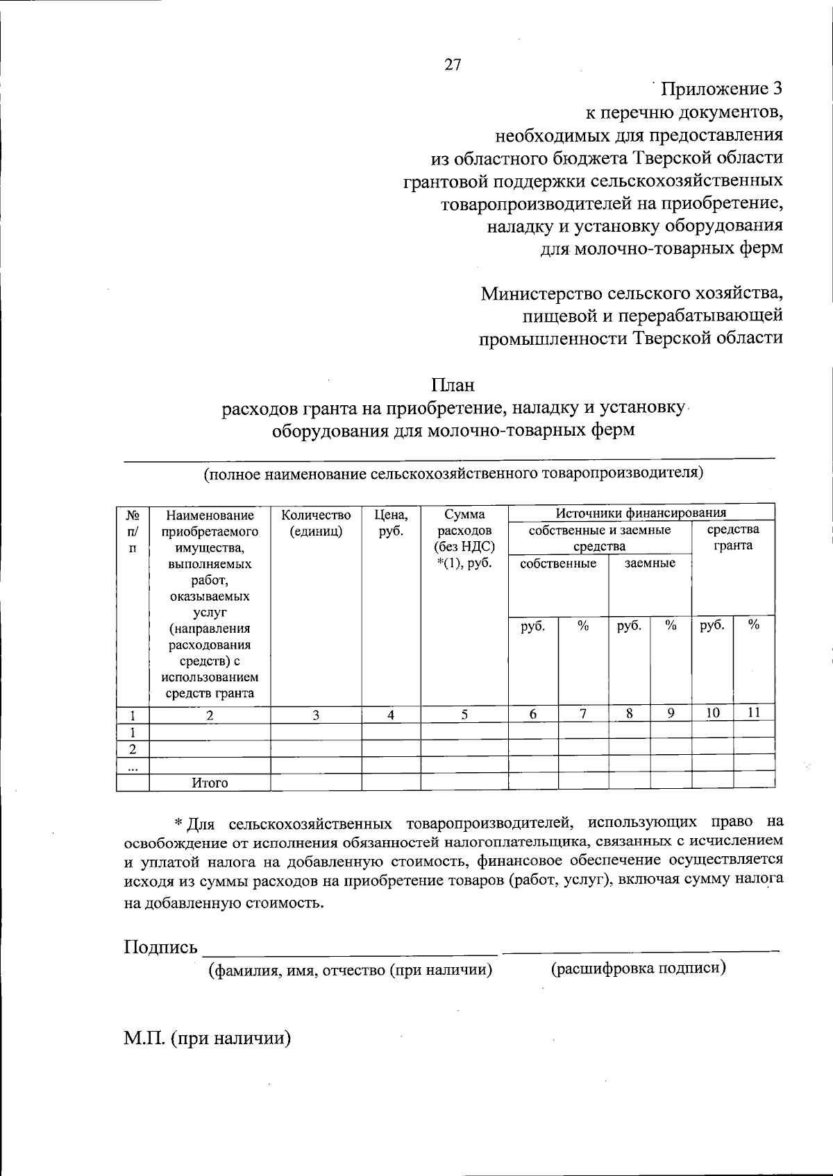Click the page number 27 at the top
click(452, 65)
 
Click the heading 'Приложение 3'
click(721, 90)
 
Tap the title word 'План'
click(453, 384)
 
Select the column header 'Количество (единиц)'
click(316, 524)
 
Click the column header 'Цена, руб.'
click(391, 524)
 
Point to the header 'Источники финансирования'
click(641, 513)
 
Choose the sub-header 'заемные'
click(650, 563)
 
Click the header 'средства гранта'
click(733, 538)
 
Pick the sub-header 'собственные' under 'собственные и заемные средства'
click(558, 563)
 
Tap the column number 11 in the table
click(754, 713)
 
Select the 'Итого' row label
click(210, 783)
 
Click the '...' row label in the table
click(133, 767)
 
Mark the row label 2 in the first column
click(133, 749)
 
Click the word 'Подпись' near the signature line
click(160, 947)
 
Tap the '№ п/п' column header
click(133, 531)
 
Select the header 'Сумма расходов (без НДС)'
click(464, 538)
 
